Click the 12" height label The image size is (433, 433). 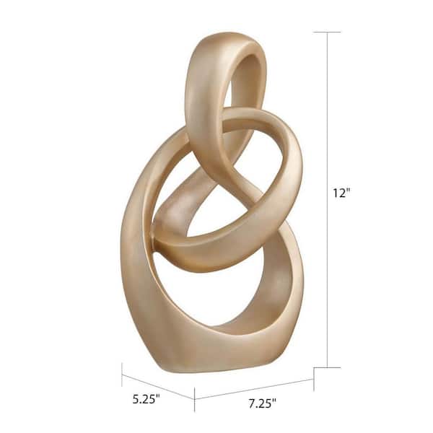[x=341, y=193]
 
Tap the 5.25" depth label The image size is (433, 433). [x=146, y=399]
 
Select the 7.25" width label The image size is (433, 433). [x=263, y=403]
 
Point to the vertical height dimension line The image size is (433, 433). [x=328, y=200]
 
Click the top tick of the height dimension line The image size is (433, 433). [x=327, y=32]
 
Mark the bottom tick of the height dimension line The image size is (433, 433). [x=327, y=367]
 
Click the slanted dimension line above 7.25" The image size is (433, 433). [x=254, y=389]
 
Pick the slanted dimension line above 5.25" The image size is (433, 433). [x=158, y=387]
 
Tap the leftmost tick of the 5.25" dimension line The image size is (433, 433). [x=122, y=375]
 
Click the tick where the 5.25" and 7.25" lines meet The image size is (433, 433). [x=194, y=399]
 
